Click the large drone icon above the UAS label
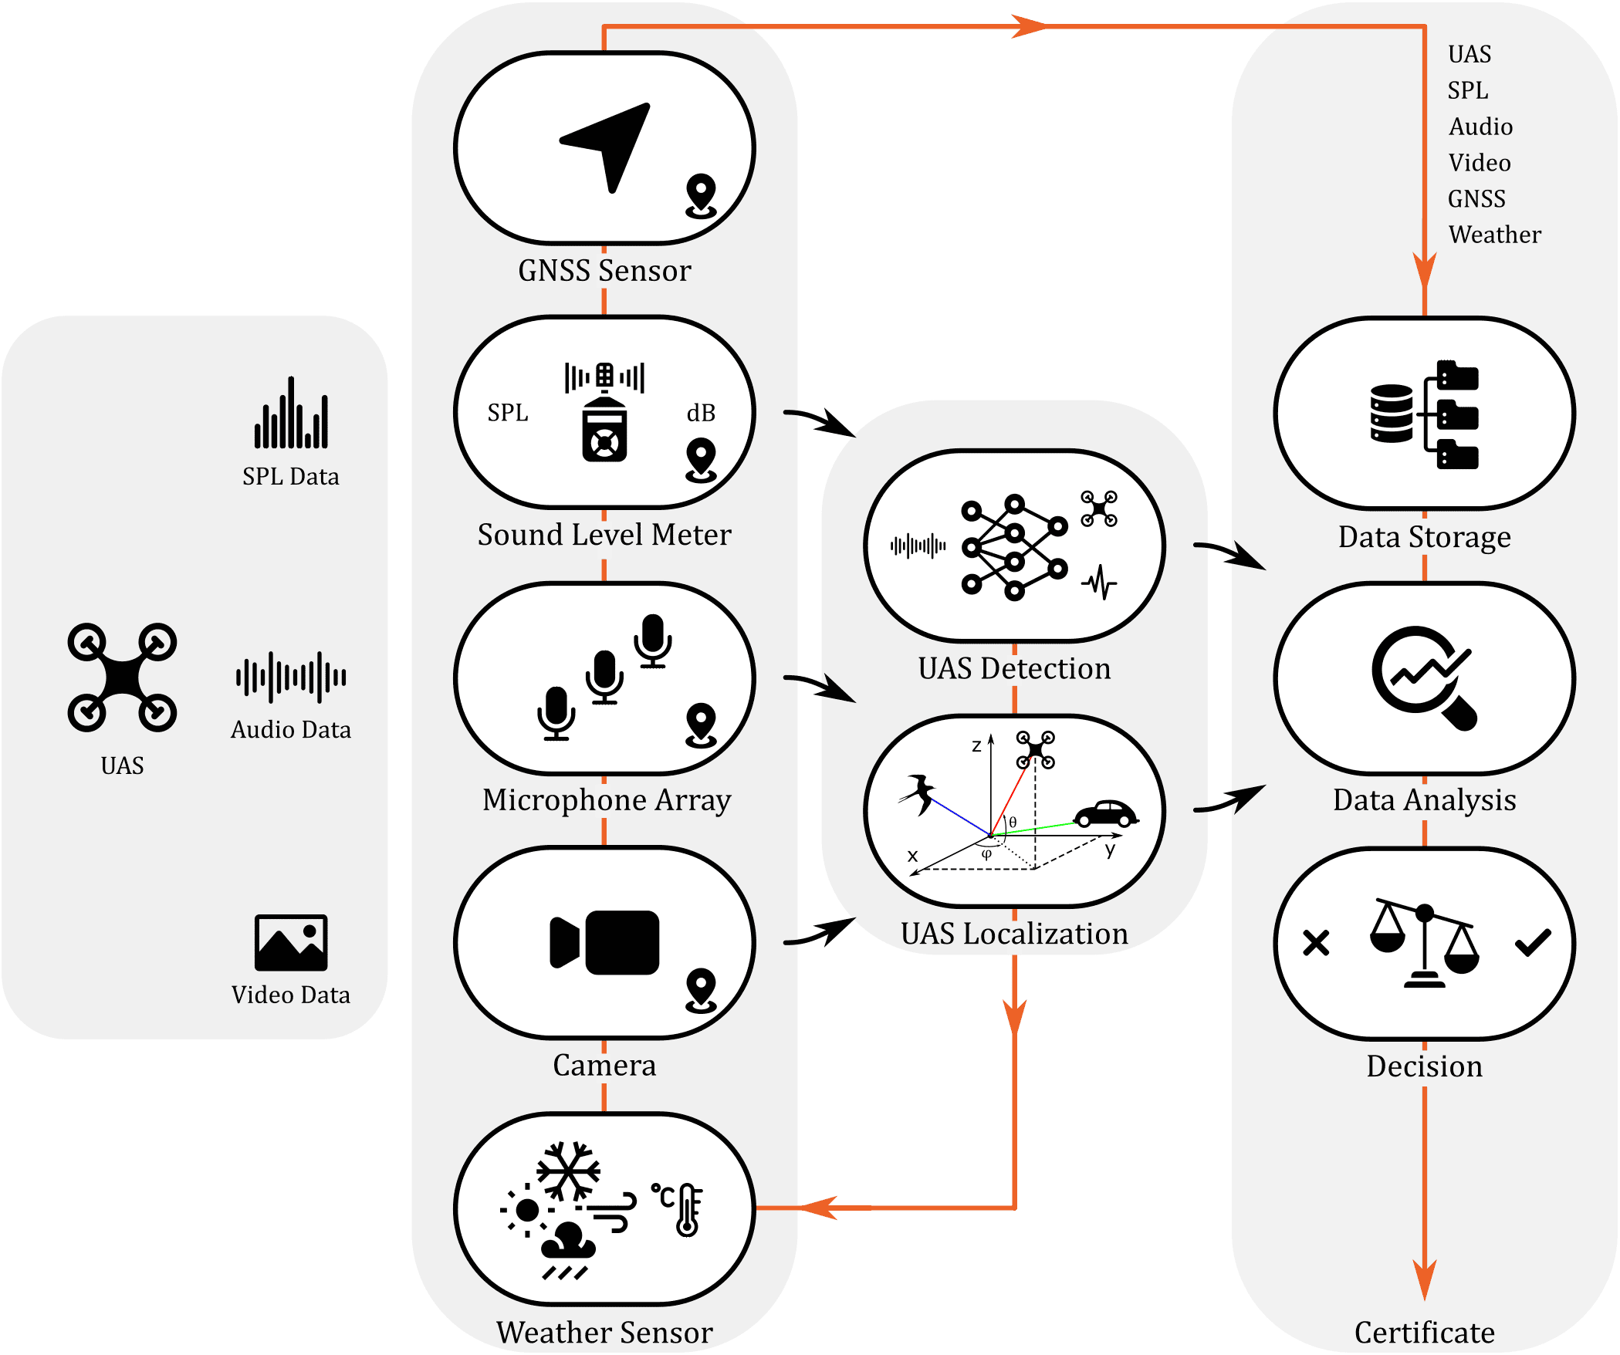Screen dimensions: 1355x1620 click(122, 677)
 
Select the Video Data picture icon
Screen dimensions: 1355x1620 click(291, 942)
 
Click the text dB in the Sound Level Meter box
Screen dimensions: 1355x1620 click(701, 413)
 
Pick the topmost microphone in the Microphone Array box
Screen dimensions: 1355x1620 click(653, 640)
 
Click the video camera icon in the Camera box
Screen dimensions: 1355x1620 click(604, 942)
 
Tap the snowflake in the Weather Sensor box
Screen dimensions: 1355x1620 click(569, 1171)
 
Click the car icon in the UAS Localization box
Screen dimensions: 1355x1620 click(1106, 813)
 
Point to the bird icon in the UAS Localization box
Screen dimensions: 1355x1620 click(919, 793)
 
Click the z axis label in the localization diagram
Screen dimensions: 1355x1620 click(976, 745)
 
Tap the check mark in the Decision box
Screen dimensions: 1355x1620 click(1533, 942)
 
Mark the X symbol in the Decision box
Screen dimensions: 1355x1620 click(1316, 942)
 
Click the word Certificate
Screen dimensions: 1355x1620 click(1425, 1333)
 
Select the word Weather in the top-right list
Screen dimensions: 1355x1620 click(1495, 235)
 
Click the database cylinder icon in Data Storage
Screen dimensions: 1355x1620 click(1392, 414)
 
